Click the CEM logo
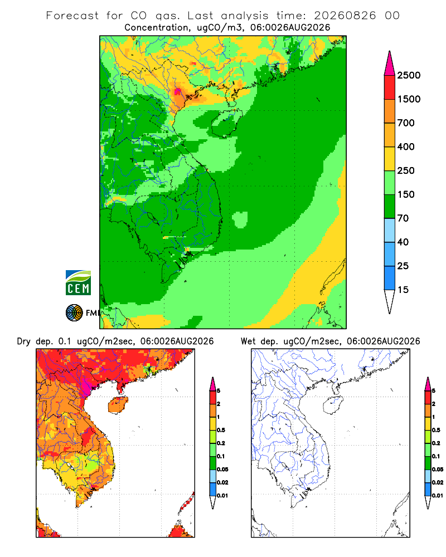(x=78, y=282)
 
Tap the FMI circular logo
(x=74, y=313)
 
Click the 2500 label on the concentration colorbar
(x=409, y=75)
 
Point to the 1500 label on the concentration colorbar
(x=409, y=99)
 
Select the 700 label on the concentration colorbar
(x=406, y=123)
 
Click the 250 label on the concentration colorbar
(x=406, y=170)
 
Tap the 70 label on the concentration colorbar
(x=403, y=218)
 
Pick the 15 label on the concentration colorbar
(x=403, y=290)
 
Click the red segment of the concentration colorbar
(x=390, y=87)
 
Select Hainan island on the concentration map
(x=226, y=123)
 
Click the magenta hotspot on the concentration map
(x=177, y=92)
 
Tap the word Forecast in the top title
(x=72, y=16)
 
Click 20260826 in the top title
(x=345, y=16)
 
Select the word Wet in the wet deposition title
(x=248, y=341)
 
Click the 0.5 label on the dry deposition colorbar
(x=221, y=430)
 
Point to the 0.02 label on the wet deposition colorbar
(x=438, y=482)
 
